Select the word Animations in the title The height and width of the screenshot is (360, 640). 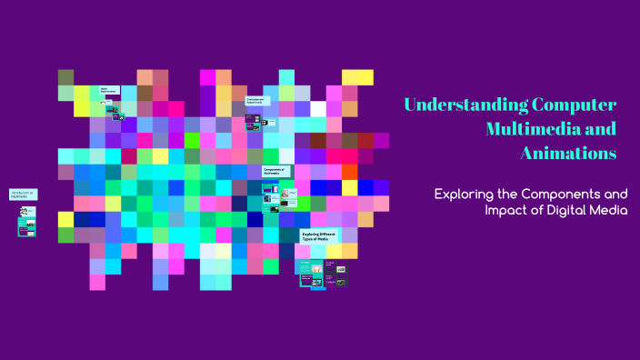(x=568, y=153)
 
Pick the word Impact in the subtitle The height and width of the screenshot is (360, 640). (x=507, y=211)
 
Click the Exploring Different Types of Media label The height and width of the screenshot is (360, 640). (x=321, y=238)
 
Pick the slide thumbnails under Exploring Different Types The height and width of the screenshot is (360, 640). (x=323, y=273)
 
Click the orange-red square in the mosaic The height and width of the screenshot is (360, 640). (x=349, y=172)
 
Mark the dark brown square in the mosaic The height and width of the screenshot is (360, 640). (x=318, y=140)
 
